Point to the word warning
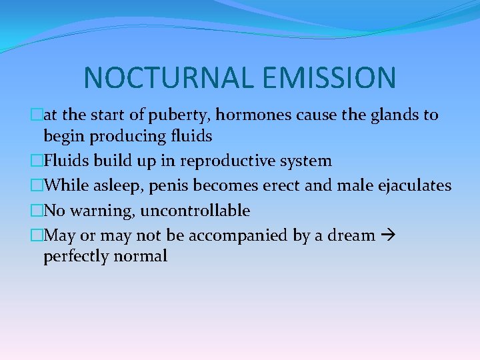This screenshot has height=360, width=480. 100,211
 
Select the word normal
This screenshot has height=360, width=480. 143,256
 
